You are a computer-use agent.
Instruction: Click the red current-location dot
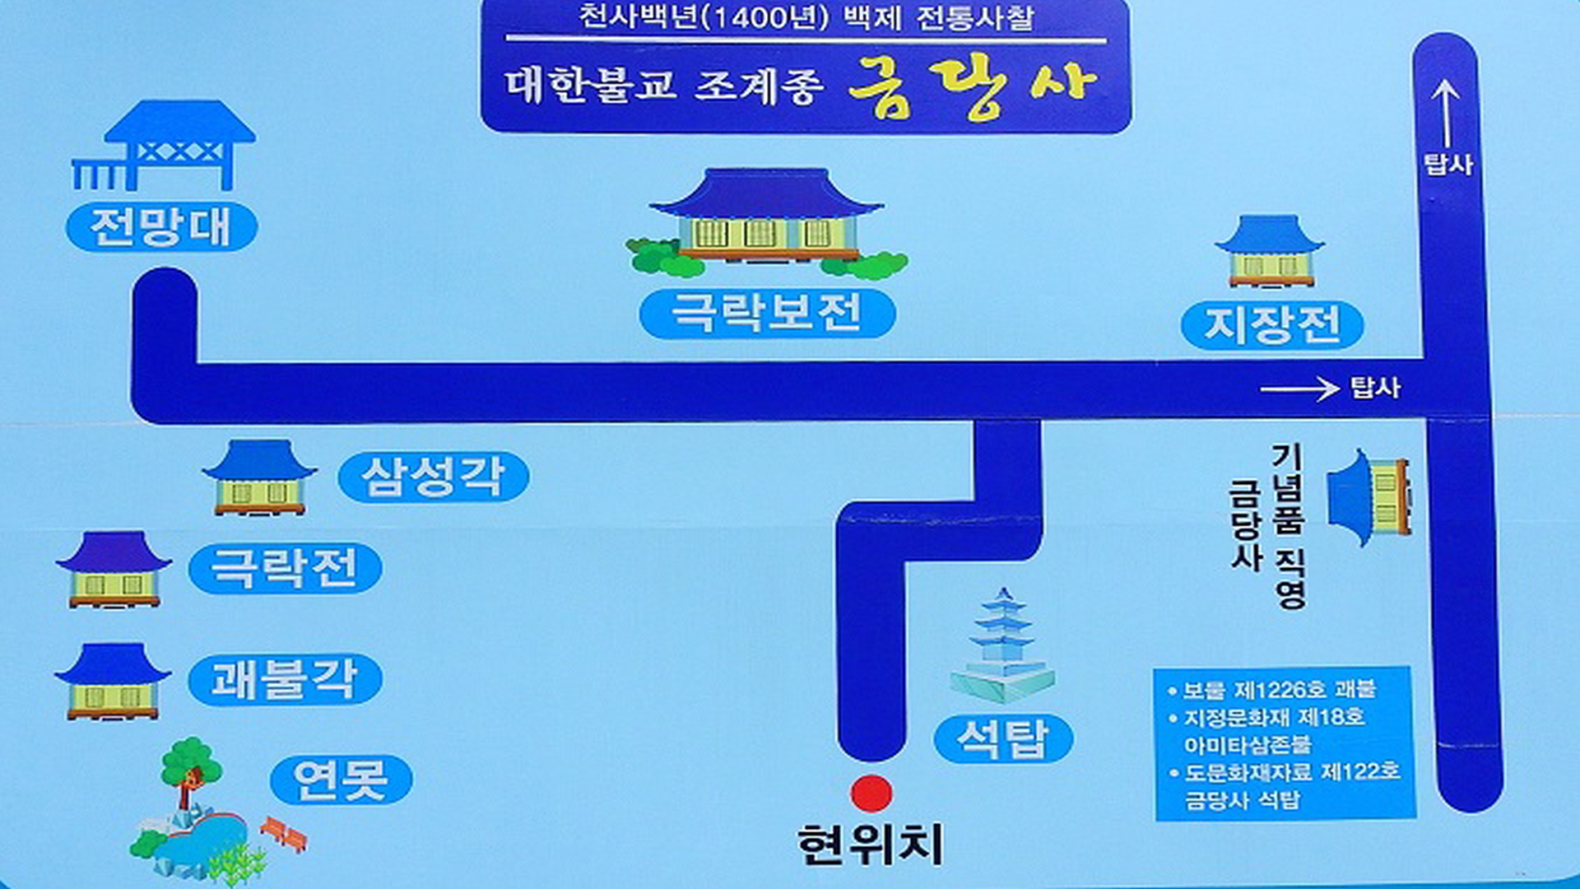click(871, 794)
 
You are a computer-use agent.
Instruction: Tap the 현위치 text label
click(870, 845)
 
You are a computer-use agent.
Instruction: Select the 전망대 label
click(161, 226)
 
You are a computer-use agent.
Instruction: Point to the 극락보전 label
click(767, 313)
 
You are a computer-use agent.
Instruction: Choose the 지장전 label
click(1272, 324)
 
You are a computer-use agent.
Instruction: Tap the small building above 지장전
click(1270, 251)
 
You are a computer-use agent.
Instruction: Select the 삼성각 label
click(433, 477)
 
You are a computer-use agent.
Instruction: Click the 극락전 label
click(285, 568)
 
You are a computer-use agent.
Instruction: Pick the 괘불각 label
click(285, 679)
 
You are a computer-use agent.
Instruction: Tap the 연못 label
click(341, 780)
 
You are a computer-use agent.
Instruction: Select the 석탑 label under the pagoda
click(1003, 738)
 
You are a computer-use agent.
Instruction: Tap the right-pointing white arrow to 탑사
click(1299, 389)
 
